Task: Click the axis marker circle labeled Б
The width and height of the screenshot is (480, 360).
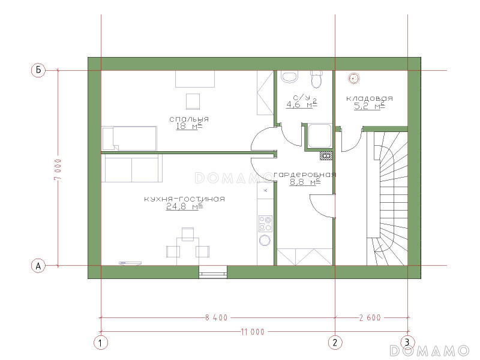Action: point(38,70)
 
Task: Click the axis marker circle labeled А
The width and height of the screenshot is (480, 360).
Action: point(38,265)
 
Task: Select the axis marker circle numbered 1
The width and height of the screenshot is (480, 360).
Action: point(101,343)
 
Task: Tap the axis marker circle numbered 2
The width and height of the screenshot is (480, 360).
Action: point(335,343)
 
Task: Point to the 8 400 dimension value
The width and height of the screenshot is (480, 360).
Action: point(217,318)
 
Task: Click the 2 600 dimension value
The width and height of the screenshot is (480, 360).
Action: point(370,318)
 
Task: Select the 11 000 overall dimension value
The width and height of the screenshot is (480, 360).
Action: point(253,332)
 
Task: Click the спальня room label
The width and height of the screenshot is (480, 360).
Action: point(189,119)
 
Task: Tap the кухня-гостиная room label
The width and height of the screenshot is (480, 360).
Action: point(185,199)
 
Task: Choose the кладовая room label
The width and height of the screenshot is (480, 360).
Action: point(370,98)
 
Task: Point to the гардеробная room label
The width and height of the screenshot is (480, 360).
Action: point(305,175)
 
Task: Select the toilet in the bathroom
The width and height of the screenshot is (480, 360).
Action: point(317,79)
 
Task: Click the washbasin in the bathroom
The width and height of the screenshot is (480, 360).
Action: point(290,77)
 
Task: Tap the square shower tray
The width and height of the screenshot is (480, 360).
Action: point(320,136)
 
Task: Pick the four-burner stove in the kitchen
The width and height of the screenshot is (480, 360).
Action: point(265,223)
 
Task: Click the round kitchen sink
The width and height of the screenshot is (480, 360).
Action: point(265,240)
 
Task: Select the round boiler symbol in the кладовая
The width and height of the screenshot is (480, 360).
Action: point(354,79)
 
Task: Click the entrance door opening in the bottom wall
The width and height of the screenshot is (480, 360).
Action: point(213,272)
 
